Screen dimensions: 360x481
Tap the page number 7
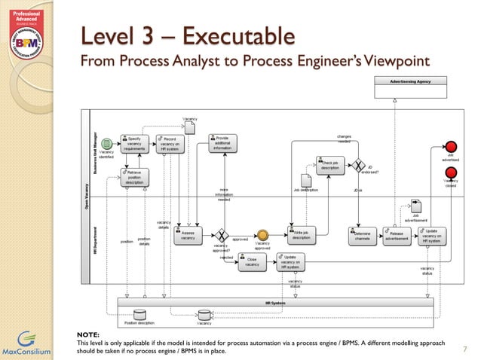[464, 349]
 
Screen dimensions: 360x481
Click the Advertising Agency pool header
[410, 80]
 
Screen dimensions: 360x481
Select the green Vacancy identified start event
[106, 143]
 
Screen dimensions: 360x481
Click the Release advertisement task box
[397, 235]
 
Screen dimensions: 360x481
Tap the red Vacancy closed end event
[452, 172]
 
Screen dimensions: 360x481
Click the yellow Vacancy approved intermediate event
[262, 235]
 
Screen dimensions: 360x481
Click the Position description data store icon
[139, 314]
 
